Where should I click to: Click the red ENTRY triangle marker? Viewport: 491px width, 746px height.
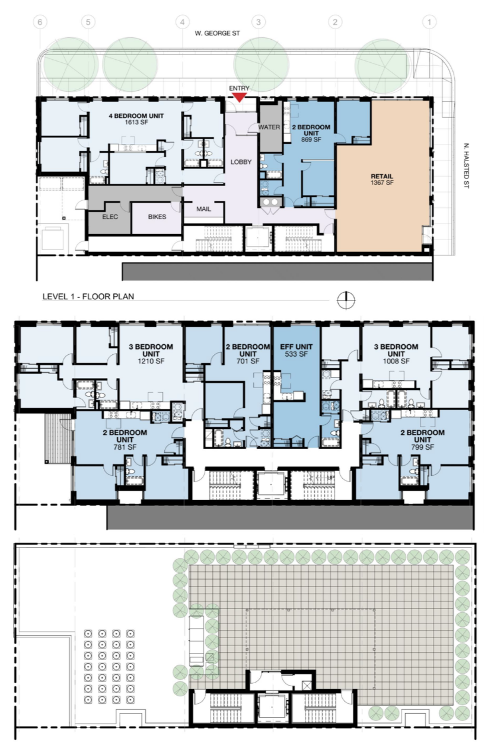[x=239, y=97]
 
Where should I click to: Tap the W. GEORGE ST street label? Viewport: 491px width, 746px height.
[x=218, y=33]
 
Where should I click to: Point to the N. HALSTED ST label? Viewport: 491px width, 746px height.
[x=466, y=166]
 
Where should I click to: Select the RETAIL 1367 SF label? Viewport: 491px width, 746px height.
[x=382, y=179]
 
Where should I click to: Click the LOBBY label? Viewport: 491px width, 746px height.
[x=241, y=162]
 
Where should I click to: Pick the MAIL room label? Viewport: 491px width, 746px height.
[x=203, y=209]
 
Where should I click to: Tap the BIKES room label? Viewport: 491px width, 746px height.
[x=157, y=217]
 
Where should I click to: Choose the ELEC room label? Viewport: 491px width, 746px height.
[x=110, y=217]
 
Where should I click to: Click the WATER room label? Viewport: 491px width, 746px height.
[x=269, y=127]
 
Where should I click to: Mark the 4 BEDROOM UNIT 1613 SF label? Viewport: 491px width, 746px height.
[x=136, y=119]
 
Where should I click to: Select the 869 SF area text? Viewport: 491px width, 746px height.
[x=311, y=140]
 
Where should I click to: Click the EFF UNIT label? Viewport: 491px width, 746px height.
[x=296, y=347]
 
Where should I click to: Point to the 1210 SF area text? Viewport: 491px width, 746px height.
[x=151, y=361]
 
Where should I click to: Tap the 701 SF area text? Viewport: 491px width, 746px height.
[x=248, y=361]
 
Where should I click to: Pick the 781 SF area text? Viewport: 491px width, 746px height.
[x=125, y=447]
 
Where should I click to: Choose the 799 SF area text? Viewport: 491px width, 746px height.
[x=422, y=447]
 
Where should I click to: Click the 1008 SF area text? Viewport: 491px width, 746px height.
[x=396, y=361]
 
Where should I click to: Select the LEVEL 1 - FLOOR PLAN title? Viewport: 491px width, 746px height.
[x=88, y=296]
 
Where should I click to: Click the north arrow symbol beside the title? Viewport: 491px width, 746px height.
[x=346, y=300]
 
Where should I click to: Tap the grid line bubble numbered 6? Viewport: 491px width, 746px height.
[x=40, y=22]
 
